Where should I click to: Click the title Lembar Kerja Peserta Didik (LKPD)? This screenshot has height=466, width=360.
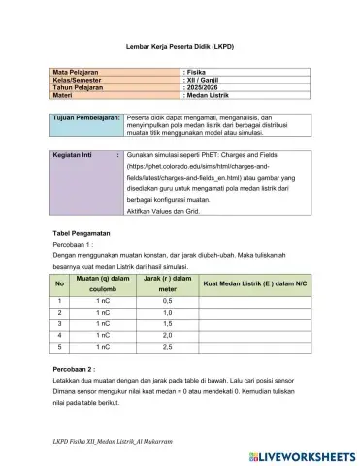[x=180, y=46]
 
